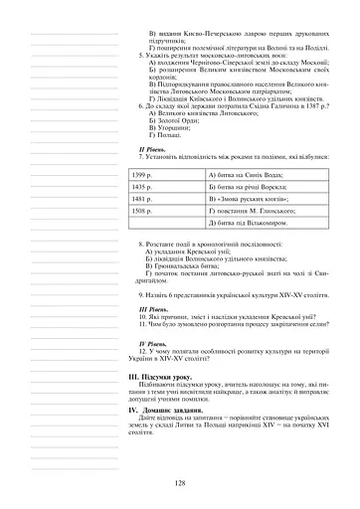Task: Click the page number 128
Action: point(180,482)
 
